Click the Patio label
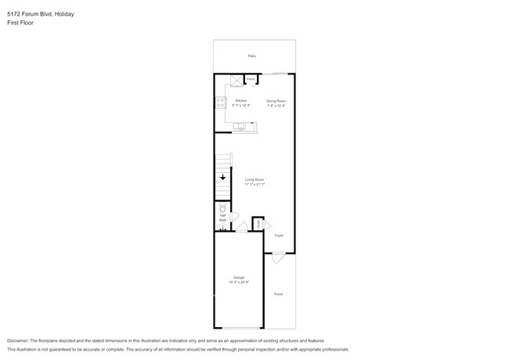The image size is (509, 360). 252,56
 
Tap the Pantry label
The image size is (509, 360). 251,80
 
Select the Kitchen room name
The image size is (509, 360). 241,100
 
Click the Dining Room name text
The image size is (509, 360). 276,100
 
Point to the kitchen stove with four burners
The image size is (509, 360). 219,102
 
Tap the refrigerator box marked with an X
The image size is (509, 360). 236,80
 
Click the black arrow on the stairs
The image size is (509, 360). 222,178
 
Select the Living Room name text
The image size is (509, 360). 254,179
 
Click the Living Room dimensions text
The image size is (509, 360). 254,185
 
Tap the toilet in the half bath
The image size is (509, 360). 223,210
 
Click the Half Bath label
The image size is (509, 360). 222,218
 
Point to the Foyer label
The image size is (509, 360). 279,234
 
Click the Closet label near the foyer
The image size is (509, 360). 258,225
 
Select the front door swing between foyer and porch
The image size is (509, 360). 279,255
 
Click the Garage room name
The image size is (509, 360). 238,277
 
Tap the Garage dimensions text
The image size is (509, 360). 238,283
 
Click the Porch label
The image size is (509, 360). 279,293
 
